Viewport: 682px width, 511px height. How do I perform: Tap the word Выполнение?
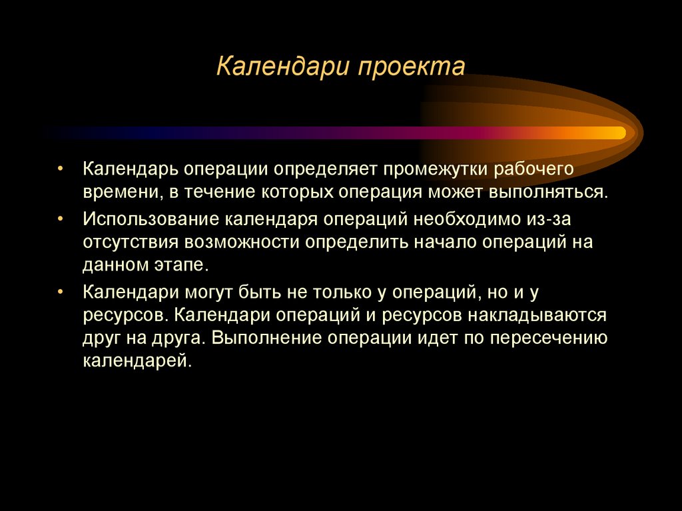(x=266, y=338)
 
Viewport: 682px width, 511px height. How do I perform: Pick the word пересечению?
(x=548, y=338)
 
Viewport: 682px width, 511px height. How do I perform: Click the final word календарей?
(x=137, y=362)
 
